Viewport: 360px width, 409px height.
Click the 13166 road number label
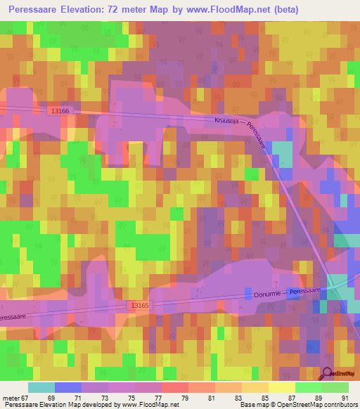point(60,111)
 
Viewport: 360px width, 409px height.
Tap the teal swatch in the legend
point(41,387)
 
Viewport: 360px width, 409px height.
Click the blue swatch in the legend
point(67,387)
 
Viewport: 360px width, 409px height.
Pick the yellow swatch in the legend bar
point(281,387)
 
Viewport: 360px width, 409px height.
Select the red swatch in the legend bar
point(174,387)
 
